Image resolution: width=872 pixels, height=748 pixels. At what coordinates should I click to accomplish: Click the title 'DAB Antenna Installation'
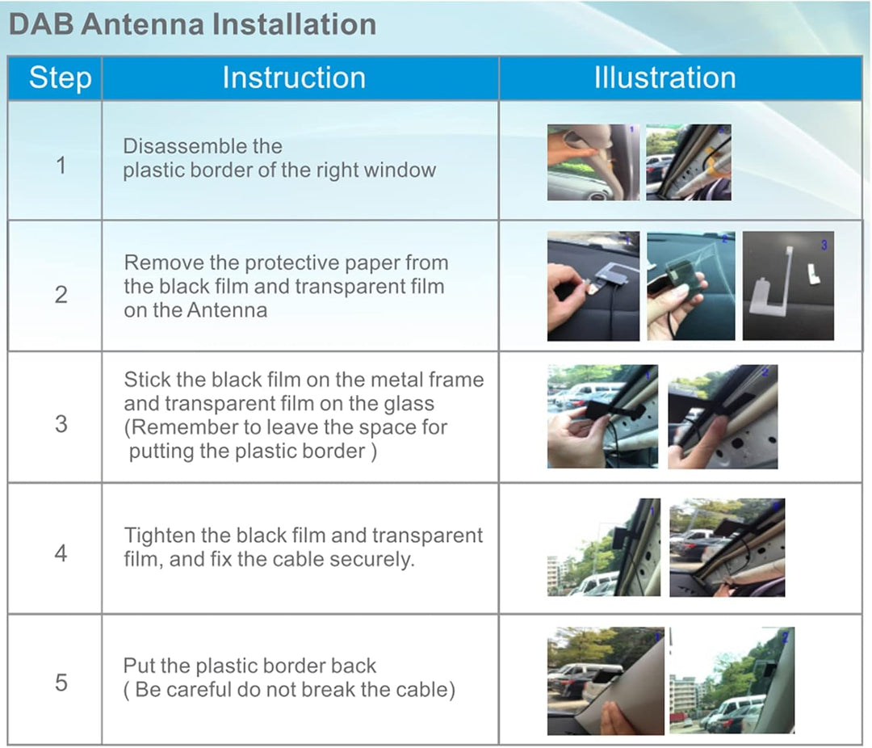[x=192, y=24]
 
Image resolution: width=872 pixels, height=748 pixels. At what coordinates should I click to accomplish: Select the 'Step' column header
[x=60, y=78]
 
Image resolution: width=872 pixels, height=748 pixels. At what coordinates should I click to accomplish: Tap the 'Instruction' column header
[x=294, y=78]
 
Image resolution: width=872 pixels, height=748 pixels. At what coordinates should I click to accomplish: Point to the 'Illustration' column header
[x=665, y=78]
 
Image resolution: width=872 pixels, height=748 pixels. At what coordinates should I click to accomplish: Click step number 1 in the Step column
[x=61, y=166]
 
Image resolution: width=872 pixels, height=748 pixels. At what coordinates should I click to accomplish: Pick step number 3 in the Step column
[x=61, y=424]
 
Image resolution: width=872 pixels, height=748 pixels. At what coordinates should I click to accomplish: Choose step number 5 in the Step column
[x=61, y=683]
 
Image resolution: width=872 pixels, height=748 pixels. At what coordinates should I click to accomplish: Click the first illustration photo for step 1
[x=593, y=162]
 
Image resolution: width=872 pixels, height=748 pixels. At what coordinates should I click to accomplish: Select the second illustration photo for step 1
[x=689, y=162]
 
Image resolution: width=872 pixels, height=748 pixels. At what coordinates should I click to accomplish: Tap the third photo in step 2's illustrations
[x=788, y=286]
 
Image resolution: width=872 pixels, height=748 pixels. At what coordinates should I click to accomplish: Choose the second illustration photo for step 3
[x=723, y=417]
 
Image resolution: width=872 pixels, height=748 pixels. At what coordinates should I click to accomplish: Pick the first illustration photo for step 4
[x=604, y=548]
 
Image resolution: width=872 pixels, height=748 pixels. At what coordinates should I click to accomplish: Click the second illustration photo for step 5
[x=732, y=681]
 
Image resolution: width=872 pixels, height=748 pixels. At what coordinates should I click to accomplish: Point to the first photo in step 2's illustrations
[x=593, y=286]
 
